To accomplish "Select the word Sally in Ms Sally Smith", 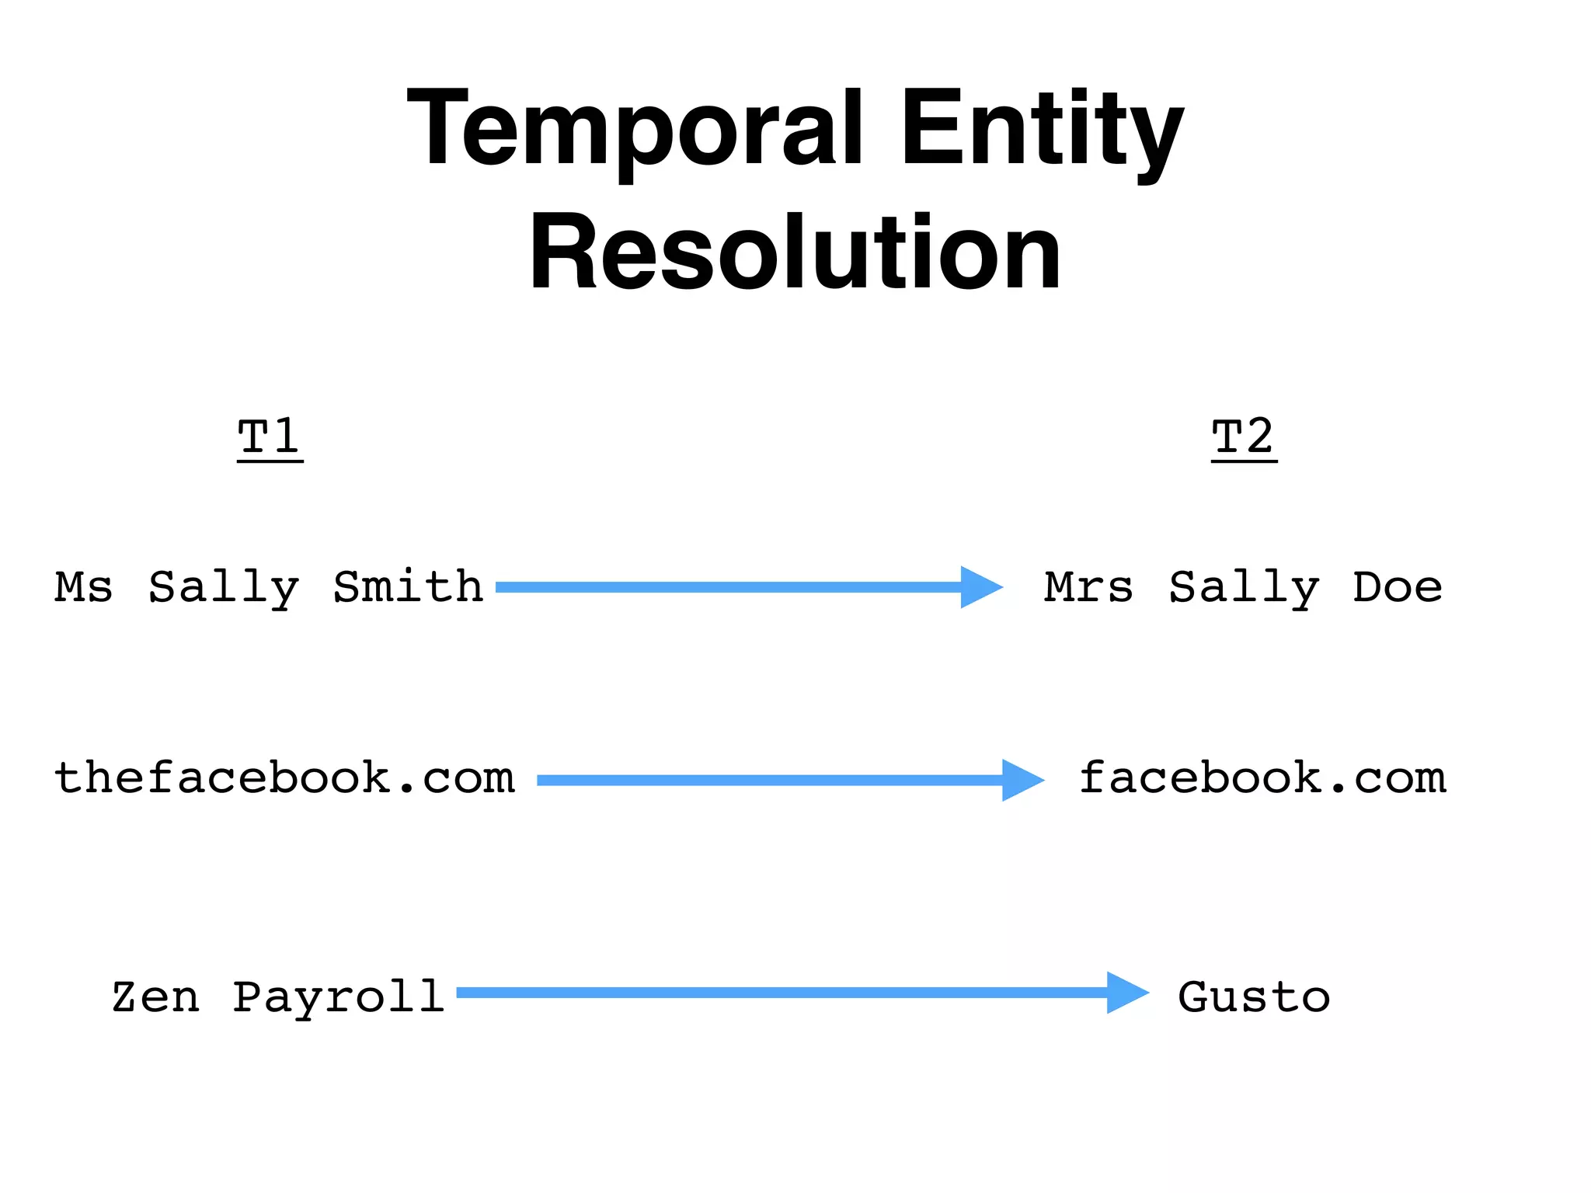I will [x=224, y=588].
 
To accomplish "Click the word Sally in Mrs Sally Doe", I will [x=1244, y=588].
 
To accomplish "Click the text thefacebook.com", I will [x=284, y=777].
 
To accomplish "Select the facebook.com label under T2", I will [x=1262, y=777].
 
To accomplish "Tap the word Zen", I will [x=155, y=997].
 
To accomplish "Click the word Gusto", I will [x=1253, y=997].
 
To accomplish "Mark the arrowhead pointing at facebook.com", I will [x=1021, y=780].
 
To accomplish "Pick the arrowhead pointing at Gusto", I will [x=1126, y=993].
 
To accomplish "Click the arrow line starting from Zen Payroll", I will [x=777, y=993].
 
